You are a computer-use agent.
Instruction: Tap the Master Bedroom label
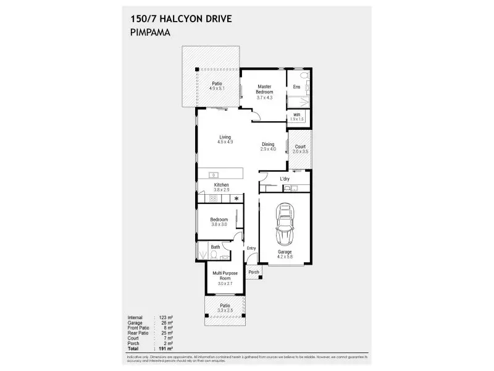click(265, 89)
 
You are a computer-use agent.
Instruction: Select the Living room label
click(225, 137)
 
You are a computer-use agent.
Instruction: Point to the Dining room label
click(267, 145)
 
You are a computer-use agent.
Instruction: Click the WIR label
click(297, 115)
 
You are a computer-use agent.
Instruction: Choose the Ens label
click(296, 87)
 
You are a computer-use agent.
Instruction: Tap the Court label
click(300, 147)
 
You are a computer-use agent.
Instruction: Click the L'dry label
click(285, 179)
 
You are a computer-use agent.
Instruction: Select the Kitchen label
click(221, 185)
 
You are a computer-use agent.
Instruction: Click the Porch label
click(253, 272)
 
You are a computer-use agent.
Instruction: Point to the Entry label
click(251, 249)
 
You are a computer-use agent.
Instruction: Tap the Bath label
click(216, 247)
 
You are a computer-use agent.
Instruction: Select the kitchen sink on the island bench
click(214, 174)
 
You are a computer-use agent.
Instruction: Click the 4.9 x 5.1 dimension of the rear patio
click(217, 88)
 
